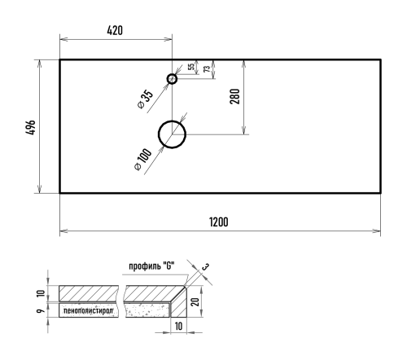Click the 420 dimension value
(x=115, y=30)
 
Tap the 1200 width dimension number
(x=219, y=222)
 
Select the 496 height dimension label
(x=30, y=127)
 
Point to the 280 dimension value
(x=235, y=96)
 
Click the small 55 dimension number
(x=191, y=67)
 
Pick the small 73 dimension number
(x=207, y=69)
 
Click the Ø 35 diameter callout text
(x=146, y=99)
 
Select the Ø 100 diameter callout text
(x=143, y=160)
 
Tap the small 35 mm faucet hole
(x=172, y=79)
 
